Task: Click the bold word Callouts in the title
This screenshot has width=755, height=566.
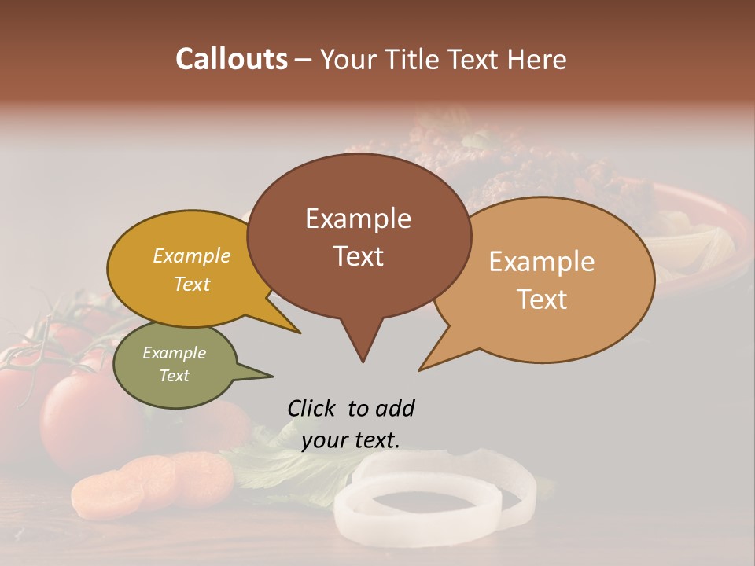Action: pyautogui.click(x=231, y=59)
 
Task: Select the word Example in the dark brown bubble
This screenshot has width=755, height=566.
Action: pyautogui.click(x=358, y=219)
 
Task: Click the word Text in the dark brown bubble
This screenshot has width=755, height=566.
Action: pyautogui.click(x=358, y=256)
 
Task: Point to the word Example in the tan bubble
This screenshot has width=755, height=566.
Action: pyautogui.click(x=541, y=262)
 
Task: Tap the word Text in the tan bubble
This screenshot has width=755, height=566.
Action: pyautogui.click(x=543, y=299)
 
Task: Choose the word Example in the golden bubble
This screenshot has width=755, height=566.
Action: pyautogui.click(x=191, y=255)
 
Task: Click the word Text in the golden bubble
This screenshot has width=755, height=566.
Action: pyautogui.click(x=191, y=284)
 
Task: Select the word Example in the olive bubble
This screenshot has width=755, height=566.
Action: pyautogui.click(x=174, y=353)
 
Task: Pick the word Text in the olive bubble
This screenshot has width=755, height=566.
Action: pyautogui.click(x=174, y=376)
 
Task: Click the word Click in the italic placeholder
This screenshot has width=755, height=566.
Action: pyautogui.click(x=311, y=408)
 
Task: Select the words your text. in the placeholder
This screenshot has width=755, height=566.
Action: pyautogui.click(x=350, y=440)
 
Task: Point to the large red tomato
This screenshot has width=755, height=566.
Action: pyautogui.click(x=79, y=417)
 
